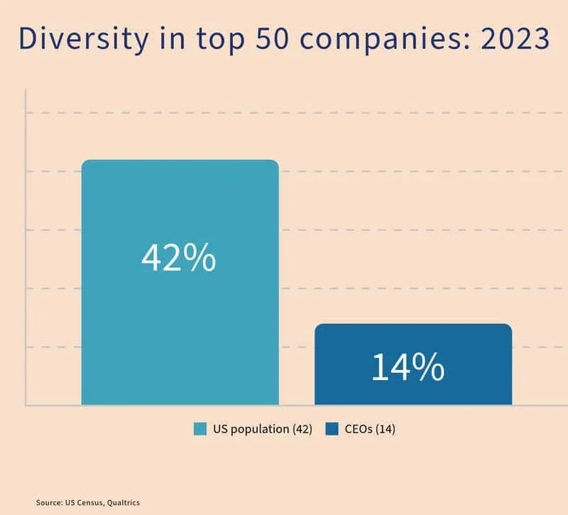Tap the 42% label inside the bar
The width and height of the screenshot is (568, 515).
(179, 259)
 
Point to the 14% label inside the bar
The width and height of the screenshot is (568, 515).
(408, 367)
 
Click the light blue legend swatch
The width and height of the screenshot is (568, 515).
(200, 429)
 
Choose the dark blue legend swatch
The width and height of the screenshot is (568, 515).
(332, 429)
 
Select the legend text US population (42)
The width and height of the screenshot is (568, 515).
(261, 429)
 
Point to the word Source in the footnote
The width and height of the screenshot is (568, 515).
(48, 502)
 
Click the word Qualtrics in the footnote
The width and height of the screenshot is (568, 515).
(124, 502)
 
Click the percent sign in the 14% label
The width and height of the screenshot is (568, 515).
(430, 367)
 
